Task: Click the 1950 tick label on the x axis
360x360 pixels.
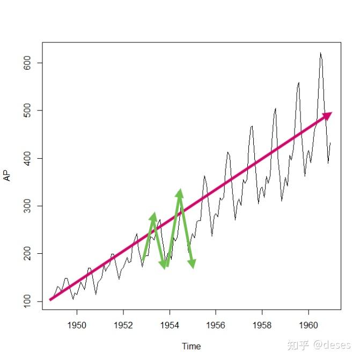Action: [x=77, y=325]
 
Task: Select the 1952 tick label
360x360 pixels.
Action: [x=123, y=325]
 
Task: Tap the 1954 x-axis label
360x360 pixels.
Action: [x=170, y=325]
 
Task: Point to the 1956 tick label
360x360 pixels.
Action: [x=216, y=325]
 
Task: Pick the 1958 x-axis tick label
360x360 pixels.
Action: [x=262, y=325]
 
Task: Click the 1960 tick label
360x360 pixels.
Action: [x=308, y=325]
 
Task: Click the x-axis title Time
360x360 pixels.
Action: [x=191, y=346]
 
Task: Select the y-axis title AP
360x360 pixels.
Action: [x=8, y=176]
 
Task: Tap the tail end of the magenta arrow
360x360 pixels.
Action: [x=50, y=300]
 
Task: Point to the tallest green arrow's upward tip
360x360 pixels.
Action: [x=180, y=192]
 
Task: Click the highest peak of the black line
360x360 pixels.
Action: [x=320, y=53]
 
